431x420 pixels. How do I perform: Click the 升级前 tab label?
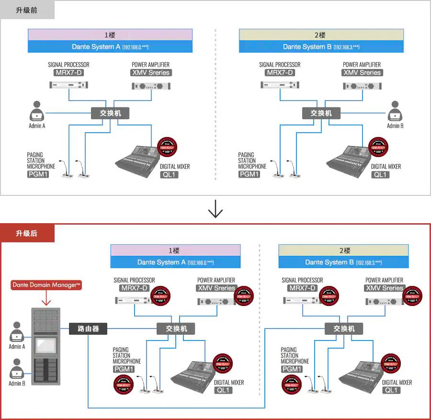tap(27, 10)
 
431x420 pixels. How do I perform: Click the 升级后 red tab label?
tap(27, 234)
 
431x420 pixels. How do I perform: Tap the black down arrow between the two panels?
tap(215, 209)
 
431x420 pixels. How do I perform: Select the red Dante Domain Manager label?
tap(46, 285)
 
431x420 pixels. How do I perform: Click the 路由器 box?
tap(88, 329)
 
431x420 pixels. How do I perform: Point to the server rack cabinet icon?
tap(46, 345)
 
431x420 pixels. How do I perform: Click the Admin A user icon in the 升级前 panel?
tap(37, 112)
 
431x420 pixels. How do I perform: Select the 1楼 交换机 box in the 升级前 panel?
tap(110, 113)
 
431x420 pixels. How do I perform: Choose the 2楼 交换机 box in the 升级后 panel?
tap(343, 329)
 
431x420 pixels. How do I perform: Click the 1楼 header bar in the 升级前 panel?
tap(110, 35)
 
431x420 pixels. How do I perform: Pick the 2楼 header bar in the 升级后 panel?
tap(343, 250)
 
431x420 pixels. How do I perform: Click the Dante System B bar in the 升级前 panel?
tap(321, 47)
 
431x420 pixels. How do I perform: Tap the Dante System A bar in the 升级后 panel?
tap(175, 262)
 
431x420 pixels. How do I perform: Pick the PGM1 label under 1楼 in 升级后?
tap(124, 369)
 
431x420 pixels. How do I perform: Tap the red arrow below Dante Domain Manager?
tap(46, 299)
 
